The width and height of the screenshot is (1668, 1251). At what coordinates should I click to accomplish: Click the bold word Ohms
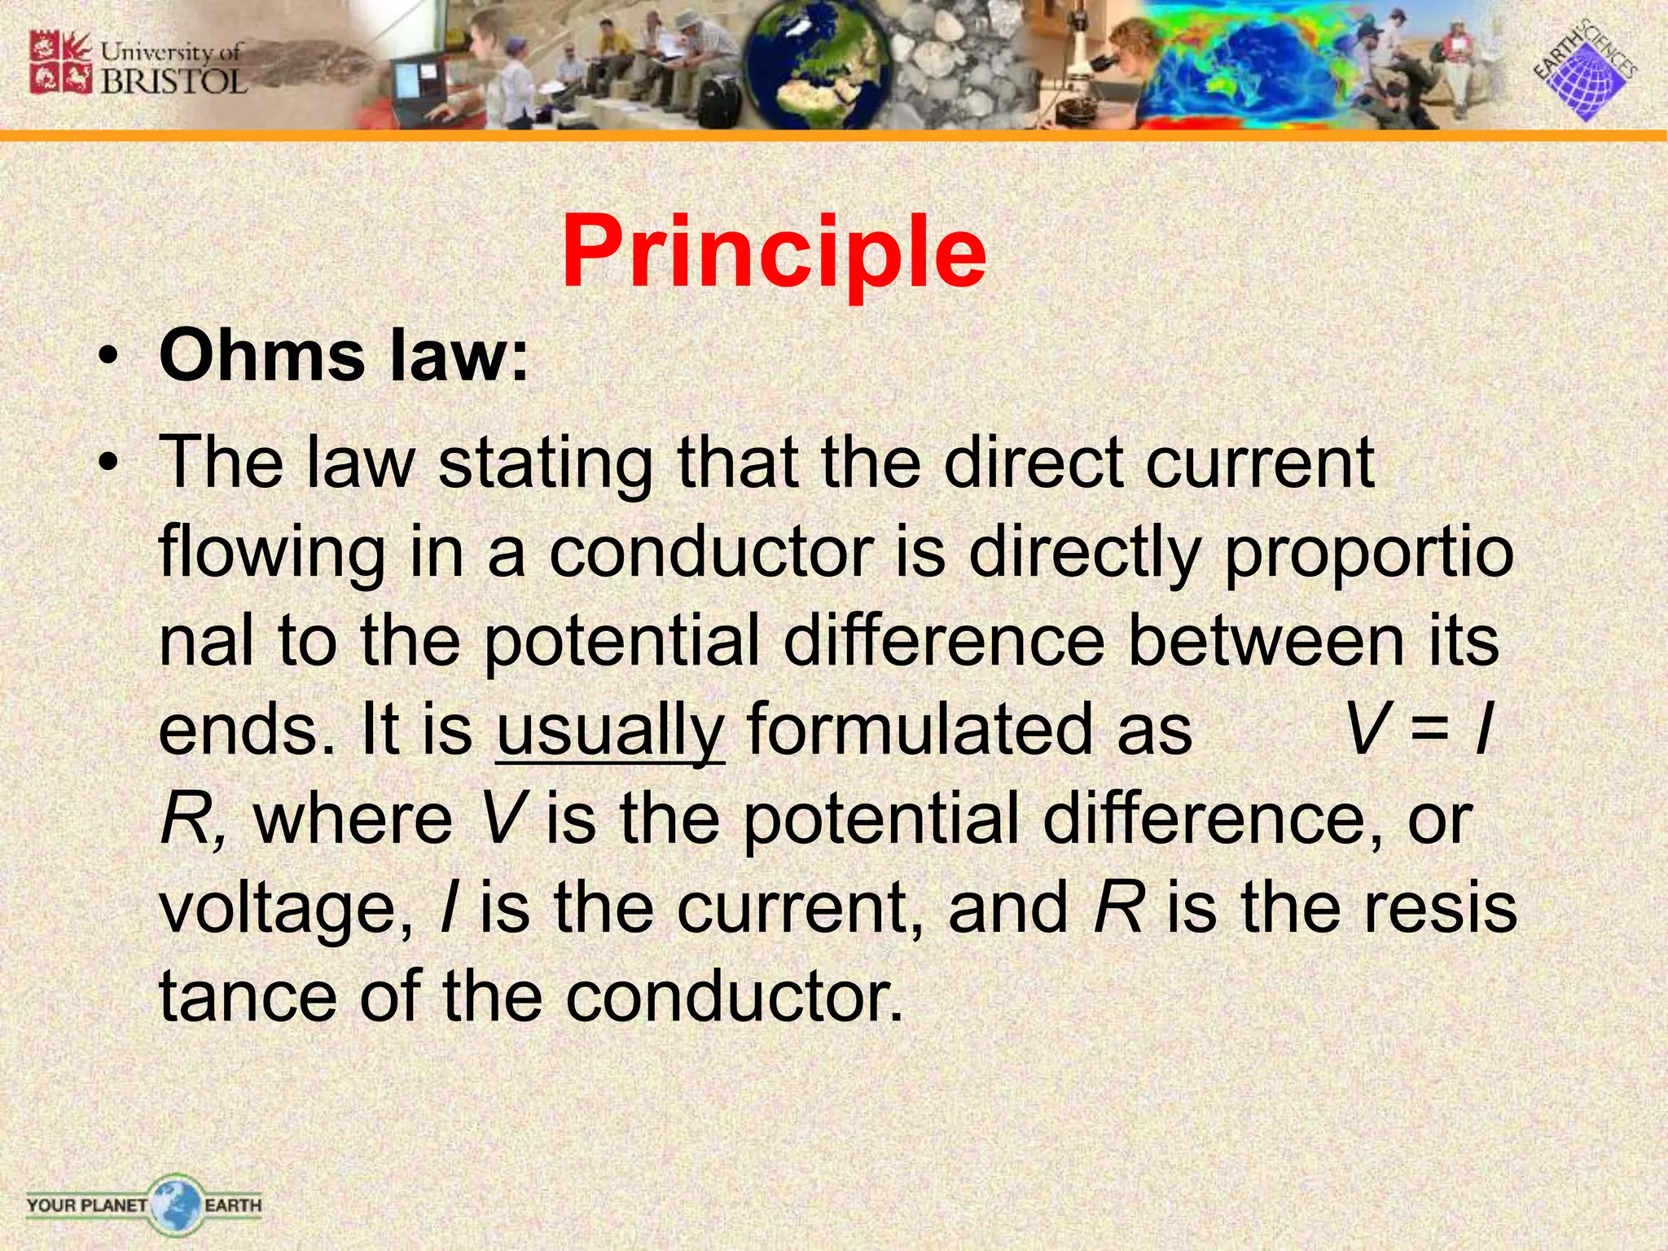tap(261, 356)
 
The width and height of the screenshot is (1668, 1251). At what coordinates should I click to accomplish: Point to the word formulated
tap(969, 729)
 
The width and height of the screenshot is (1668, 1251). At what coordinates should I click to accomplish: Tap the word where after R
tap(353, 819)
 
